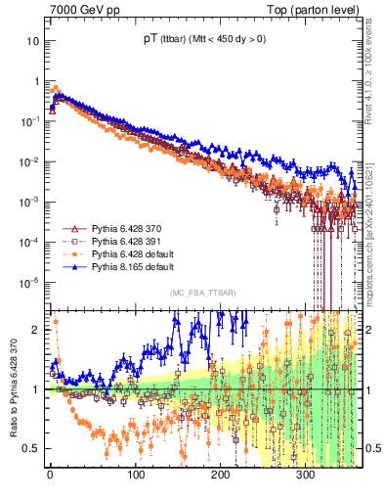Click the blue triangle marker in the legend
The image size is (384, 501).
coord(69,266)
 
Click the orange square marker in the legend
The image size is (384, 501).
coord(69,253)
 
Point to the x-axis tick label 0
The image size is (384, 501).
coord(50,480)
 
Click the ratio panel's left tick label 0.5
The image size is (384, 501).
coord(31,449)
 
